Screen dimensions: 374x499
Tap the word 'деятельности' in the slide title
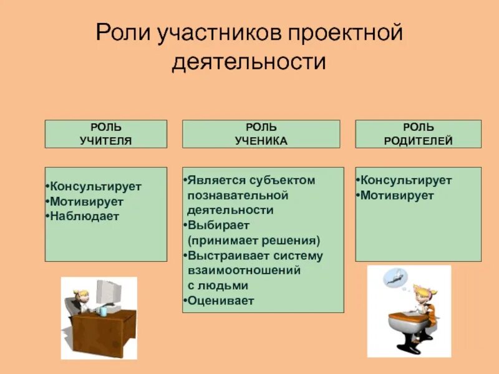(x=249, y=62)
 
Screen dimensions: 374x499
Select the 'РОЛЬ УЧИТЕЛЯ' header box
(x=106, y=134)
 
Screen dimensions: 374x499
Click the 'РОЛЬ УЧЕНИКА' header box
(x=261, y=134)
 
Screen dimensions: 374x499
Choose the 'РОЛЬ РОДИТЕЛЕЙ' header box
(x=418, y=134)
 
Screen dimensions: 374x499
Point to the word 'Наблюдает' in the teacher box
(x=85, y=216)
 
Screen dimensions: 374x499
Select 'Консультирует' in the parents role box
(x=406, y=181)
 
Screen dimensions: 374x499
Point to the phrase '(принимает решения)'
(x=254, y=241)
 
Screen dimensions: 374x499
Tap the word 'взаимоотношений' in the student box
(x=245, y=271)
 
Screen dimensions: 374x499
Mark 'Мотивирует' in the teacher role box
(x=87, y=201)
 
